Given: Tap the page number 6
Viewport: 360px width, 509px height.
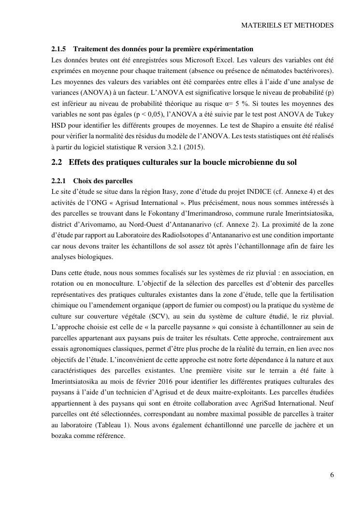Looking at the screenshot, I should coord(332,475).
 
